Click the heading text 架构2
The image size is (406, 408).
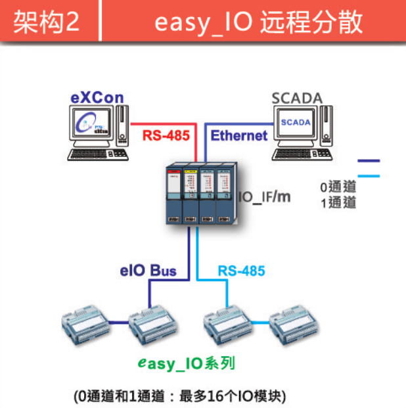point(46,22)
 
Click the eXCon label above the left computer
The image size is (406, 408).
point(97,99)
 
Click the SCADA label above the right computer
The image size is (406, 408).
point(298,99)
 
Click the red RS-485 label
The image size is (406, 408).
point(166,136)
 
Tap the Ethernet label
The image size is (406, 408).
point(239,136)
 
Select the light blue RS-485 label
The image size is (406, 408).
point(241,270)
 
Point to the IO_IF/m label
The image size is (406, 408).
point(263,196)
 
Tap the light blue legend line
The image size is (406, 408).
point(367,175)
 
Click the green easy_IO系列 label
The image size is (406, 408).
point(187,363)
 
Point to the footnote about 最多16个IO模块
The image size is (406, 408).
point(180,396)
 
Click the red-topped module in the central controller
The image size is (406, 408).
point(173,194)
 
